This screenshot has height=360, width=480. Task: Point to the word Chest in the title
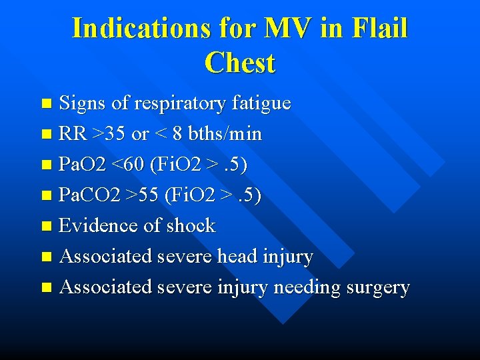pyautogui.click(x=240, y=63)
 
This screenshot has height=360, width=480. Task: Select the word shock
pyautogui.click(x=191, y=226)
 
